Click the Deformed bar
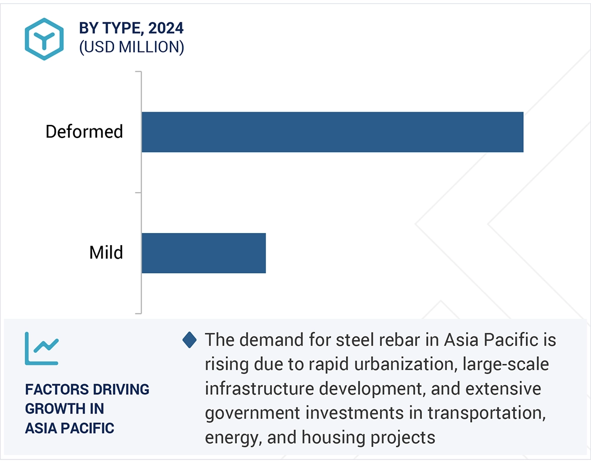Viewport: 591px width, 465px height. pos(332,132)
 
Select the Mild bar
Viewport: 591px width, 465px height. pos(204,253)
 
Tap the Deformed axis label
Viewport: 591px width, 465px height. pos(84,132)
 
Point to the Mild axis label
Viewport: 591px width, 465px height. pos(106,253)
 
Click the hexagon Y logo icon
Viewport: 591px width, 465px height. pos(44,39)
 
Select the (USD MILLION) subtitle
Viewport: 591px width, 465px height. pos(131,47)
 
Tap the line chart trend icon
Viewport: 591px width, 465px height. pos(42,348)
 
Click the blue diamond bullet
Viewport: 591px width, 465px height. pos(189,340)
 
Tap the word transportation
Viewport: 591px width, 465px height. pos(486,413)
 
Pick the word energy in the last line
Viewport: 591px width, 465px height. pos(233,438)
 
